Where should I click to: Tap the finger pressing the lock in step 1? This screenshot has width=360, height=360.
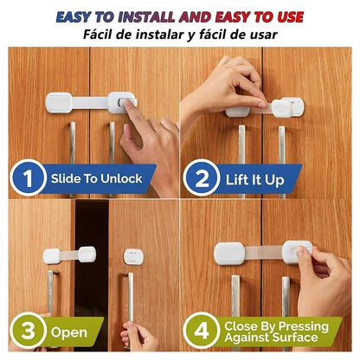pos(130,107)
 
